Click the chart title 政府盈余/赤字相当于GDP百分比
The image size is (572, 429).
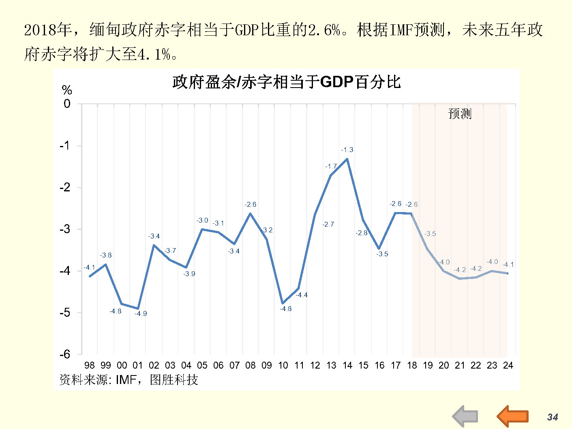[x=286, y=82]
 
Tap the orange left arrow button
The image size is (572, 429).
[x=513, y=416]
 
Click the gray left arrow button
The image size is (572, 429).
[x=465, y=416]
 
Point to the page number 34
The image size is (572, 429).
[x=553, y=417]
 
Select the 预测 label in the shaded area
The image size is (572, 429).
[x=460, y=114]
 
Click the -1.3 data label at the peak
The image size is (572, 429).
[x=347, y=150]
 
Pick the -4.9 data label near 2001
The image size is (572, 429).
[x=141, y=313]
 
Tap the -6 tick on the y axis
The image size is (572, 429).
[x=65, y=354]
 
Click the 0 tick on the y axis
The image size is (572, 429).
[x=67, y=104]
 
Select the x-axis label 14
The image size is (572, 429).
[x=347, y=365]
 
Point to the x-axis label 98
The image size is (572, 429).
[x=90, y=365]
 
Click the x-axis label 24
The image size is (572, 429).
[x=508, y=365]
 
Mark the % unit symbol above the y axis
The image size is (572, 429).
[x=67, y=90]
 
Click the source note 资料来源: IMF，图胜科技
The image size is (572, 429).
[x=129, y=380]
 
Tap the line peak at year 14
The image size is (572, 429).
[x=347, y=159]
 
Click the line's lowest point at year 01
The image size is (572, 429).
[x=138, y=309]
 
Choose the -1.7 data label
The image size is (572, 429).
[x=331, y=166]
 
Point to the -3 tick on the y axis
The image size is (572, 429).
[x=65, y=229]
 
